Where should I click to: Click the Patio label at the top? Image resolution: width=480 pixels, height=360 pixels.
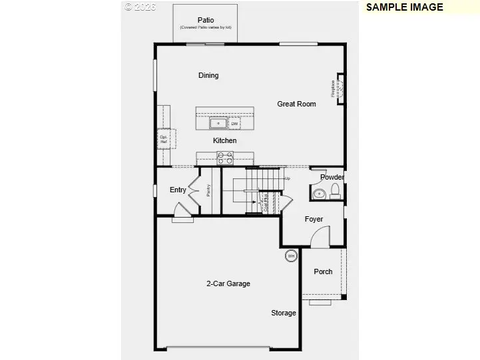205,19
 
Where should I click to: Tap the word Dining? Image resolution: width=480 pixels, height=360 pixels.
208,75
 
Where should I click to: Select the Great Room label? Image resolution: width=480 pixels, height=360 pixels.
296,104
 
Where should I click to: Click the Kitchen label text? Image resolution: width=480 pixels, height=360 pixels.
224,140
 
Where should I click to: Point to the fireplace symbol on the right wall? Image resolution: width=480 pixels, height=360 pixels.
340,89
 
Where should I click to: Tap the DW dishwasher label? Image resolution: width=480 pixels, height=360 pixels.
234,124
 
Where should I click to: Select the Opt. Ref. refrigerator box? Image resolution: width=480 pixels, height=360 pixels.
163,140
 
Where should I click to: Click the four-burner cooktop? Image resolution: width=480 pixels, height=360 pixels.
225,158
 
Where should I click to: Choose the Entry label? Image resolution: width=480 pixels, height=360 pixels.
178,190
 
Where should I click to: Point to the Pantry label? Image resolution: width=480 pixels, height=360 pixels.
208,191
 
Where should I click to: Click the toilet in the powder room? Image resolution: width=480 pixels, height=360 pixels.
335,192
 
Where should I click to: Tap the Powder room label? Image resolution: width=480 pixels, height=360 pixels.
332,177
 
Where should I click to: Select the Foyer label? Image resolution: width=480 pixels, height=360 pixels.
314,219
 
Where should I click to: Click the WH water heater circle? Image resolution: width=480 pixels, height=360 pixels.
291,256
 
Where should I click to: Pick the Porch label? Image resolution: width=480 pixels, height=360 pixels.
323,271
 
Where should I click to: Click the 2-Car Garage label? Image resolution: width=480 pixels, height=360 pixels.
228,283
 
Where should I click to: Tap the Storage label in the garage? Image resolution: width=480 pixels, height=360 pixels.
283,313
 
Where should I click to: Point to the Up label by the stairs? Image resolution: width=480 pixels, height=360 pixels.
288,178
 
